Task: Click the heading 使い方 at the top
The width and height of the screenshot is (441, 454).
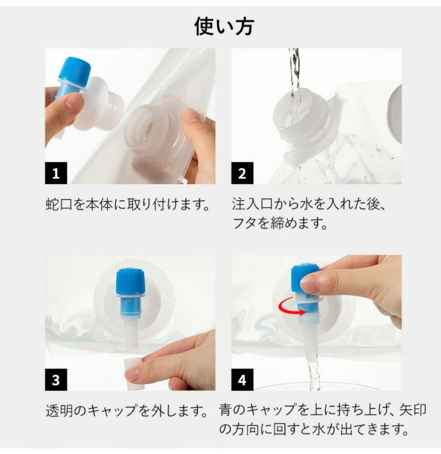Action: point(224,26)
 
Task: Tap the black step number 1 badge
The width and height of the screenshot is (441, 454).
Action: point(56,173)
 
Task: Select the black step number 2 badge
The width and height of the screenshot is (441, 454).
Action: point(242,173)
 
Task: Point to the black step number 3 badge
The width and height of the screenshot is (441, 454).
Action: point(56,379)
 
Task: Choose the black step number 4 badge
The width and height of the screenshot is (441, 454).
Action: point(242,379)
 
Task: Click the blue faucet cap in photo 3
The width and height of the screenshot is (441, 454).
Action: point(130,282)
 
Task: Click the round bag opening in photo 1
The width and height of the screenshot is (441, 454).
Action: point(156,130)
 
